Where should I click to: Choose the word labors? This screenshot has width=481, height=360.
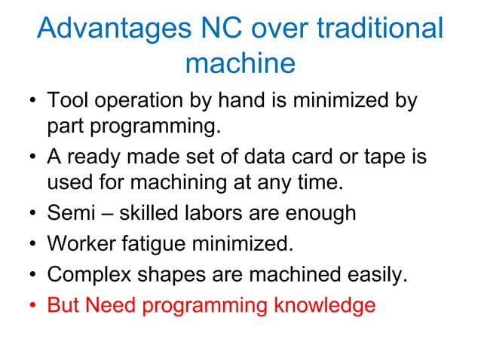coord(216,213)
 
